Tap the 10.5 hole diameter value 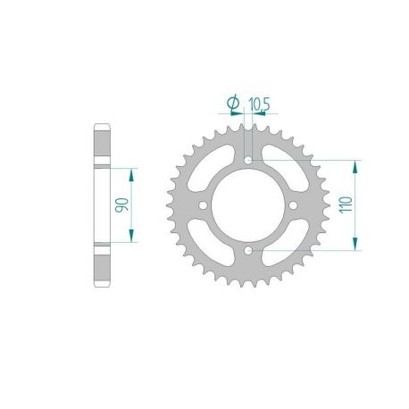(260, 104)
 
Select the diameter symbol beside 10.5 (232, 104)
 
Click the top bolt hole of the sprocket (248, 161)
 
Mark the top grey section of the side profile (102, 144)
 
